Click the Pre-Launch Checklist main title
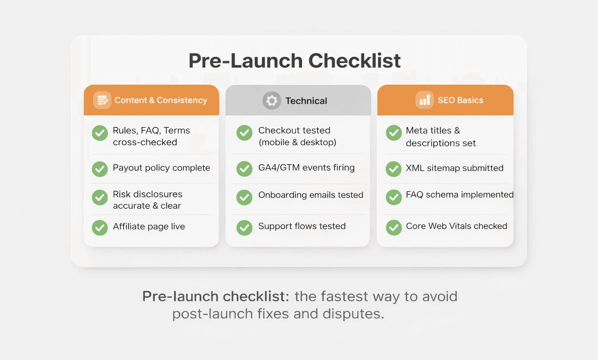tap(295, 61)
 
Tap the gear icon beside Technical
tap(271, 101)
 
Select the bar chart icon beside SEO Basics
tap(424, 100)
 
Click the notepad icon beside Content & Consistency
tap(102, 100)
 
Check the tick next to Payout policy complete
tap(100, 169)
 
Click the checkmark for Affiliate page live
tap(100, 228)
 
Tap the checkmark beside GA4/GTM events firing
tap(244, 169)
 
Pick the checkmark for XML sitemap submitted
tap(394, 169)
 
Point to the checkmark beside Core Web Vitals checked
tap(394, 228)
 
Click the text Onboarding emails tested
tap(311, 195)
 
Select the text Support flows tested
tap(302, 226)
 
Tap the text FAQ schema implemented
tap(459, 195)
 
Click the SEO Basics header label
tap(460, 100)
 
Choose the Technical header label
tap(306, 101)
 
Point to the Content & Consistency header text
tap(161, 100)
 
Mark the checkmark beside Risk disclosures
tap(100, 198)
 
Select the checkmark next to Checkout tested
tap(244, 133)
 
